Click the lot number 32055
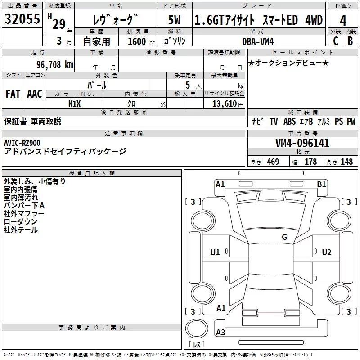coord(22,20)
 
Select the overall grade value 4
coord(343,20)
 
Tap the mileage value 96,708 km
coord(55,65)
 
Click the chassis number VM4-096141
coord(302,143)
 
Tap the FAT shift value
coord(13,94)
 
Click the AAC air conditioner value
coord(35,94)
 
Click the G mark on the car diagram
coord(284,237)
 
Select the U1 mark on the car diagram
coord(215,252)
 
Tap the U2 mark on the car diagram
coord(327,252)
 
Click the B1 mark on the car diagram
coord(321,184)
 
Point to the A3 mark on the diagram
coord(220,333)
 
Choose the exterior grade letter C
coord(335,41)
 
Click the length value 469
coord(273,162)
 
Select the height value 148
coord(346,162)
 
